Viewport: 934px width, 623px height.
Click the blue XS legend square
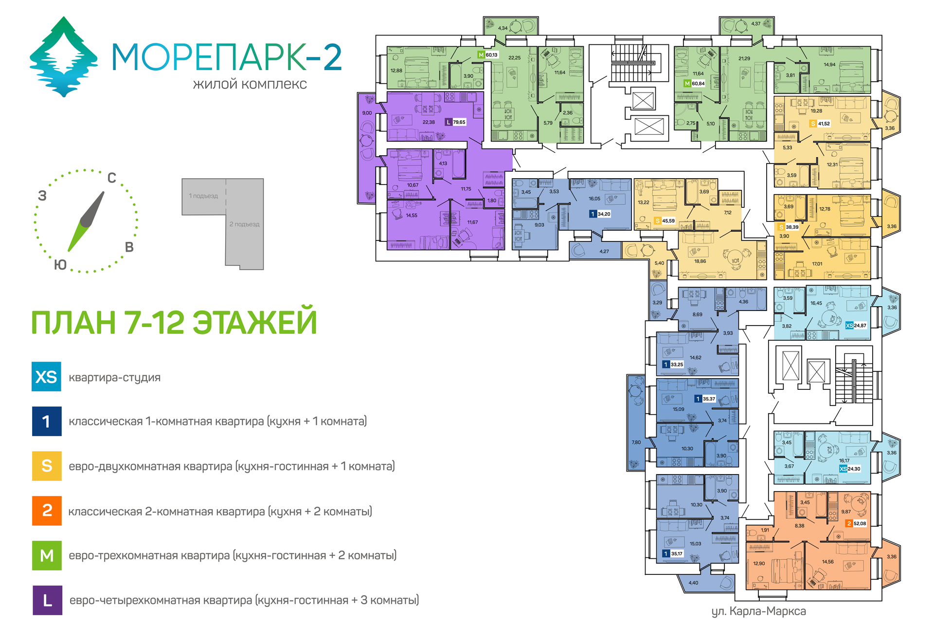click(x=46, y=376)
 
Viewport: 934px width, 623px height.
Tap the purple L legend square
click(x=47, y=600)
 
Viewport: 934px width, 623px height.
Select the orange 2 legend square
click(x=47, y=511)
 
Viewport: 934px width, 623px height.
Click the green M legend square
click(x=47, y=555)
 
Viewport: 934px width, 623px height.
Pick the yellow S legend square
click(x=47, y=466)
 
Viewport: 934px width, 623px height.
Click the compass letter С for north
click(x=111, y=178)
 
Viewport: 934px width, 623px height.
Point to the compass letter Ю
click(x=60, y=265)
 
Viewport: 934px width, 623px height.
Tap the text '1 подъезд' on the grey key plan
click(x=203, y=196)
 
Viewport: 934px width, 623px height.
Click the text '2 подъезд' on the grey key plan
click(x=244, y=224)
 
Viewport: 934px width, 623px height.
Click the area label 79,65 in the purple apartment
click(x=459, y=122)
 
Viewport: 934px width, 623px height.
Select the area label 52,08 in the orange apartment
click(x=860, y=524)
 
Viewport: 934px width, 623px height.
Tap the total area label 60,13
click(x=491, y=55)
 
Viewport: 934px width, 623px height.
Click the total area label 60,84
click(x=698, y=84)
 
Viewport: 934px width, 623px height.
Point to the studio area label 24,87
click(x=860, y=326)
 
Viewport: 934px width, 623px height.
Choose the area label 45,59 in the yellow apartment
click(x=668, y=221)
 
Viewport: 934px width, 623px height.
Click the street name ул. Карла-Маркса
click(x=758, y=611)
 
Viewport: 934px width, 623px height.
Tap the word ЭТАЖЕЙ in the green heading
click(x=255, y=322)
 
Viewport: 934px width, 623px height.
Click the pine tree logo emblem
click(x=63, y=57)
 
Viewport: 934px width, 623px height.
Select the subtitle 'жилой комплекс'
click(x=250, y=84)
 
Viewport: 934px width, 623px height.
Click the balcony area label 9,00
click(x=367, y=113)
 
